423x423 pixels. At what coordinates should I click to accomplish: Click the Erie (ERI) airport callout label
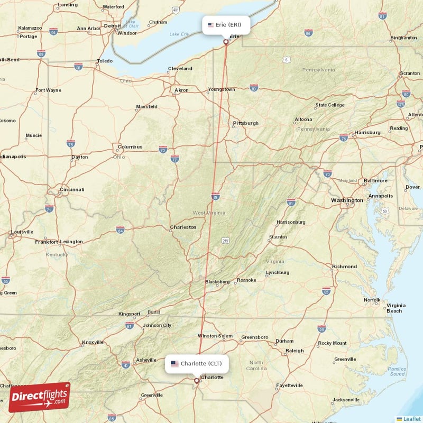[x=226, y=24]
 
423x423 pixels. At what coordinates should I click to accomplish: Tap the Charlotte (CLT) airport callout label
[x=197, y=363]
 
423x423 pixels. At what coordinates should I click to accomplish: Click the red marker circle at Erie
[x=226, y=42]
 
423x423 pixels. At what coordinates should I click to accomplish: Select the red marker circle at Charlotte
[x=197, y=380]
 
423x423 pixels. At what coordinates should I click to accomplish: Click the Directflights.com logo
[x=39, y=397]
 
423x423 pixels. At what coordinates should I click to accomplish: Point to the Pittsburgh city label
[x=246, y=123]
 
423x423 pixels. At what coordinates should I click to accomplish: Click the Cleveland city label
[x=180, y=69]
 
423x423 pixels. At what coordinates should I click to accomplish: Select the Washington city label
[x=347, y=200]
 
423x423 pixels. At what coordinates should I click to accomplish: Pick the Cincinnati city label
[x=72, y=189]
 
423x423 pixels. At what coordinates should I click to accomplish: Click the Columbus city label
[x=130, y=146]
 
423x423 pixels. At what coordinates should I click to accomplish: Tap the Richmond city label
[x=344, y=266]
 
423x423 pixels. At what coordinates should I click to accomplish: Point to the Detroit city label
[x=112, y=25]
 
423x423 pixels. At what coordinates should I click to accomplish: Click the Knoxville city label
[x=93, y=343]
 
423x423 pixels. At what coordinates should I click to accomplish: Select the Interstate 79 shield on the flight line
[x=215, y=197]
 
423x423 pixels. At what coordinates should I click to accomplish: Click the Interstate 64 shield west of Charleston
[x=121, y=230]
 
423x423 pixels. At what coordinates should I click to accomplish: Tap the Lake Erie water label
[x=178, y=34]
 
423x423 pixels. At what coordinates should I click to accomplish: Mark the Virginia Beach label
[x=396, y=308]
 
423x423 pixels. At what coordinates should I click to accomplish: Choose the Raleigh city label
[x=295, y=351]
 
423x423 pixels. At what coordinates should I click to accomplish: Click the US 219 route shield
[x=226, y=241]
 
